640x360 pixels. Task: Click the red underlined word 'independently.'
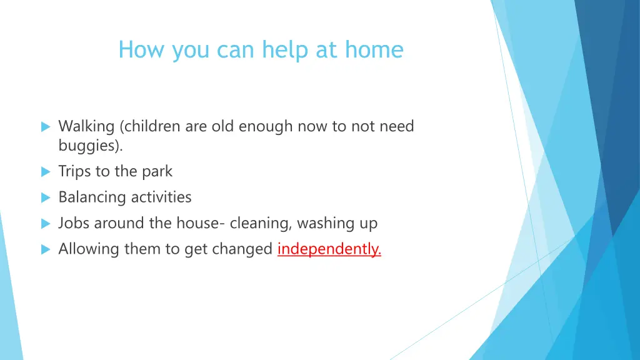[x=329, y=249]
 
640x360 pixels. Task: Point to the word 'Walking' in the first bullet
[x=86, y=126]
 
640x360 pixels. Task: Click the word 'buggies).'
[x=91, y=146]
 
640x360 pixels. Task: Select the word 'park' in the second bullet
[x=157, y=171]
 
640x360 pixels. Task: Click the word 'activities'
[x=161, y=197]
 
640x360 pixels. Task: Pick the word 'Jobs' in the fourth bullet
[x=74, y=223]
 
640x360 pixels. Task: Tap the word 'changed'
[x=242, y=249]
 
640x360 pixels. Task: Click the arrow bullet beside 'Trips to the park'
[x=45, y=171]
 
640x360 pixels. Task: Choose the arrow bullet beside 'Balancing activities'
[x=45, y=197]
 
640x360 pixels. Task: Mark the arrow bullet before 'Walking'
[x=45, y=127]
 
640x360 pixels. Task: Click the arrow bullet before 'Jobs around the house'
[x=45, y=223]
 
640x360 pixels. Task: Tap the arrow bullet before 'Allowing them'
[x=45, y=249]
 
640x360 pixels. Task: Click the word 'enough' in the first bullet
[x=271, y=126]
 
